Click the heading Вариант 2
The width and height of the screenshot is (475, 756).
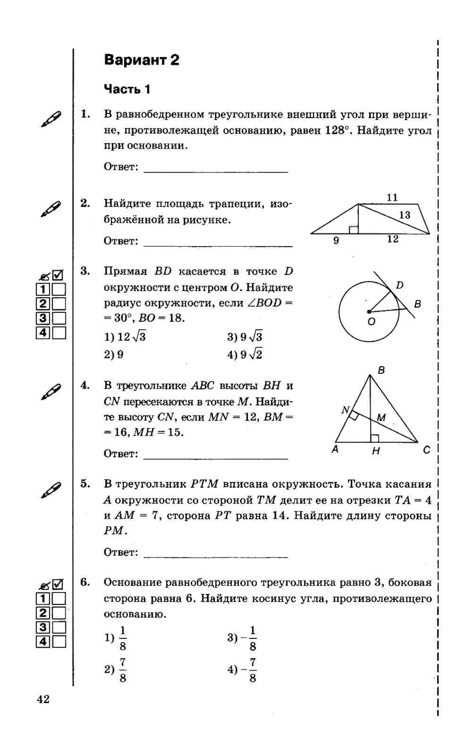click(x=141, y=60)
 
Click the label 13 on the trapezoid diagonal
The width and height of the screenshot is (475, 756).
click(x=404, y=215)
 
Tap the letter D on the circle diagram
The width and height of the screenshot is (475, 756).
click(x=399, y=285)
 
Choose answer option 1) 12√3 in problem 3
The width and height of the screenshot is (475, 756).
click(x=125, y=337)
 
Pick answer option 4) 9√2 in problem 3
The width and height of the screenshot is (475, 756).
click(x=245, y=354)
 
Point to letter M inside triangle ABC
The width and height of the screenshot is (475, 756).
click(x=381, y=418)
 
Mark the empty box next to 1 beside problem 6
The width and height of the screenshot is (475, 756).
click(x=59, y=598)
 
